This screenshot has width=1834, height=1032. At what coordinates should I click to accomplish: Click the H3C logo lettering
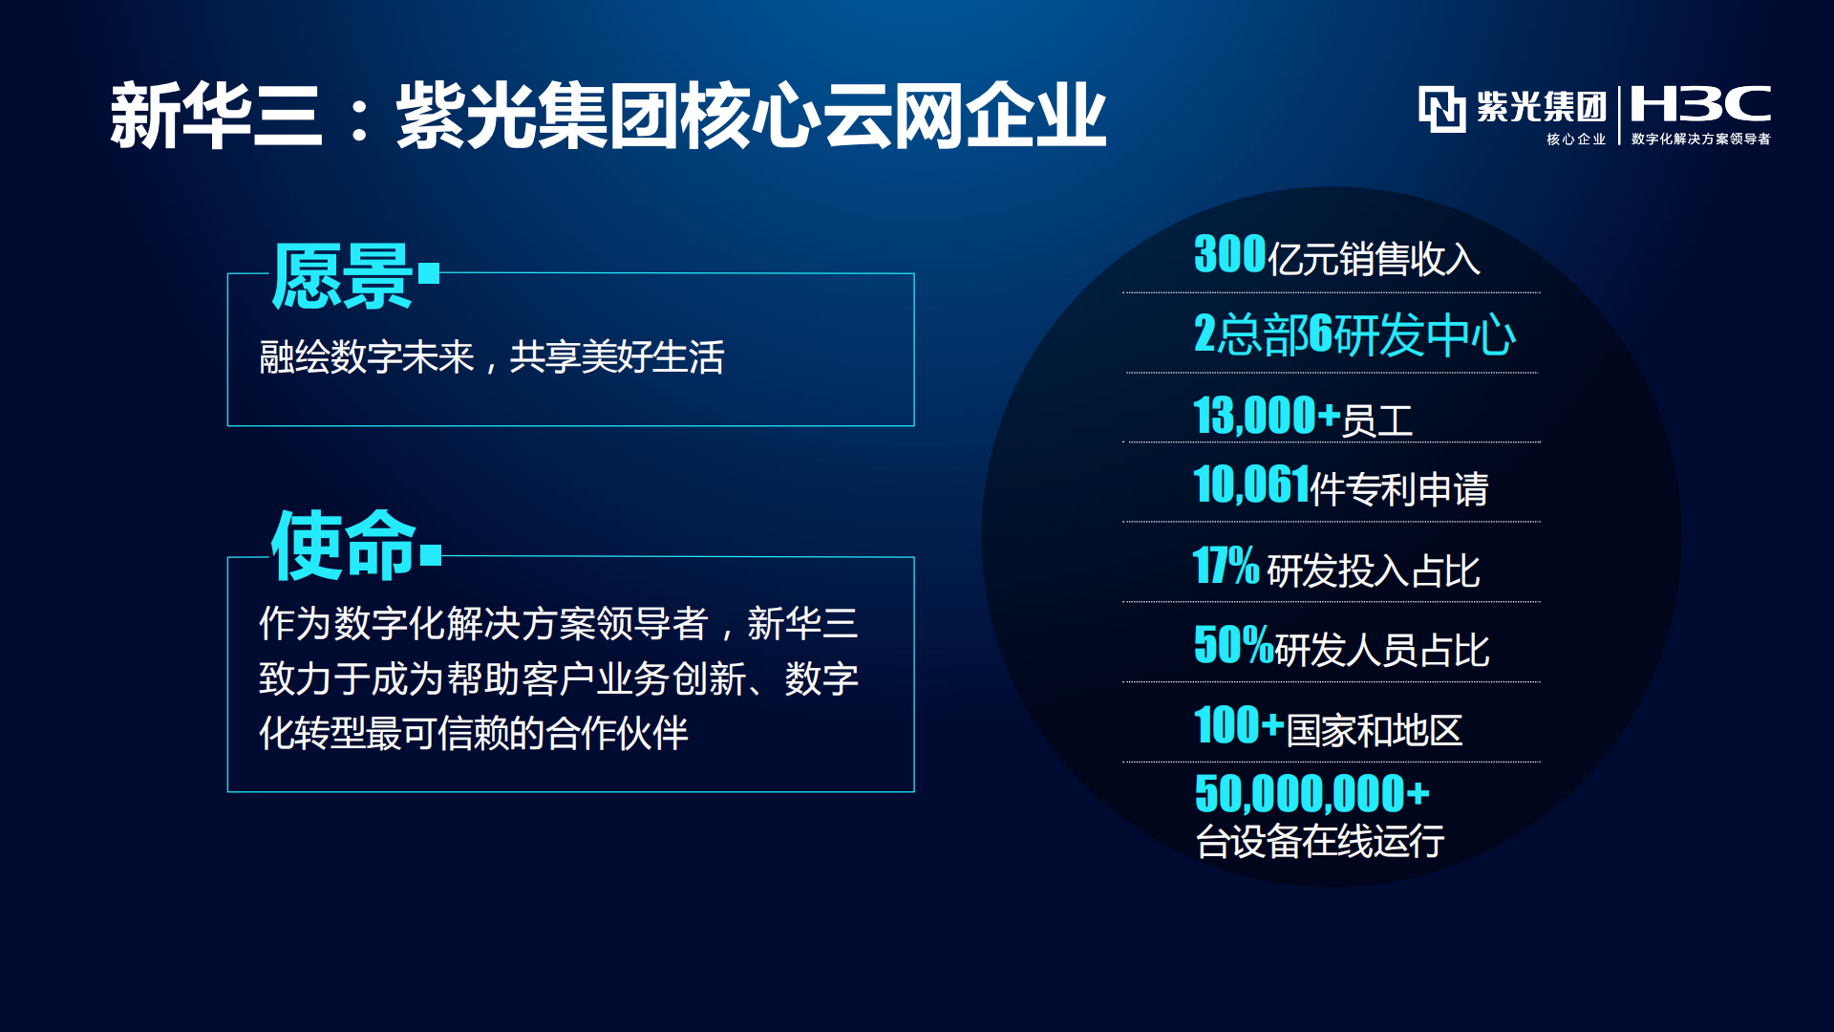tap(1700, 103)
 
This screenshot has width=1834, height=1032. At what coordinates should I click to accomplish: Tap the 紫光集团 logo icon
tap(1441, 108)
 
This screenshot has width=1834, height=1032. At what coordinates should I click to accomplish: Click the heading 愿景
tap(342, 276)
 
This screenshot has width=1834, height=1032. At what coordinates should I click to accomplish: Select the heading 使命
tap(344, 546)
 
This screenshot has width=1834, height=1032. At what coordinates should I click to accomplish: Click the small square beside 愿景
tap(429, 274)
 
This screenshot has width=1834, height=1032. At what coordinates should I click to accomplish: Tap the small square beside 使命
tap(431, 555)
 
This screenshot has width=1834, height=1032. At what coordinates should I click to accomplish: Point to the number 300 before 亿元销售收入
tap(1230, 254)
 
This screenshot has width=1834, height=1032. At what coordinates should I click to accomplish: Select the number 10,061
tap(1251, 484)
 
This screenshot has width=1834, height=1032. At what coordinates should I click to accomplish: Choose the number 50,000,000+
tap(1312, 794)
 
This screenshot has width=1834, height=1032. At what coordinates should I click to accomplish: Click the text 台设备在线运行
tap(1320, 841)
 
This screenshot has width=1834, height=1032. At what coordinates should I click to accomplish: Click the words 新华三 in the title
tap(216, 116)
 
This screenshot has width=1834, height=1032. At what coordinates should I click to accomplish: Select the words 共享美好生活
tap(617, 357)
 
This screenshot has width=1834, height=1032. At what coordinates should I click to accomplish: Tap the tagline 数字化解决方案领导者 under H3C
tap(1701, 139)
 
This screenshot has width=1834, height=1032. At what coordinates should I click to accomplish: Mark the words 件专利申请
tap(1399, 489)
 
